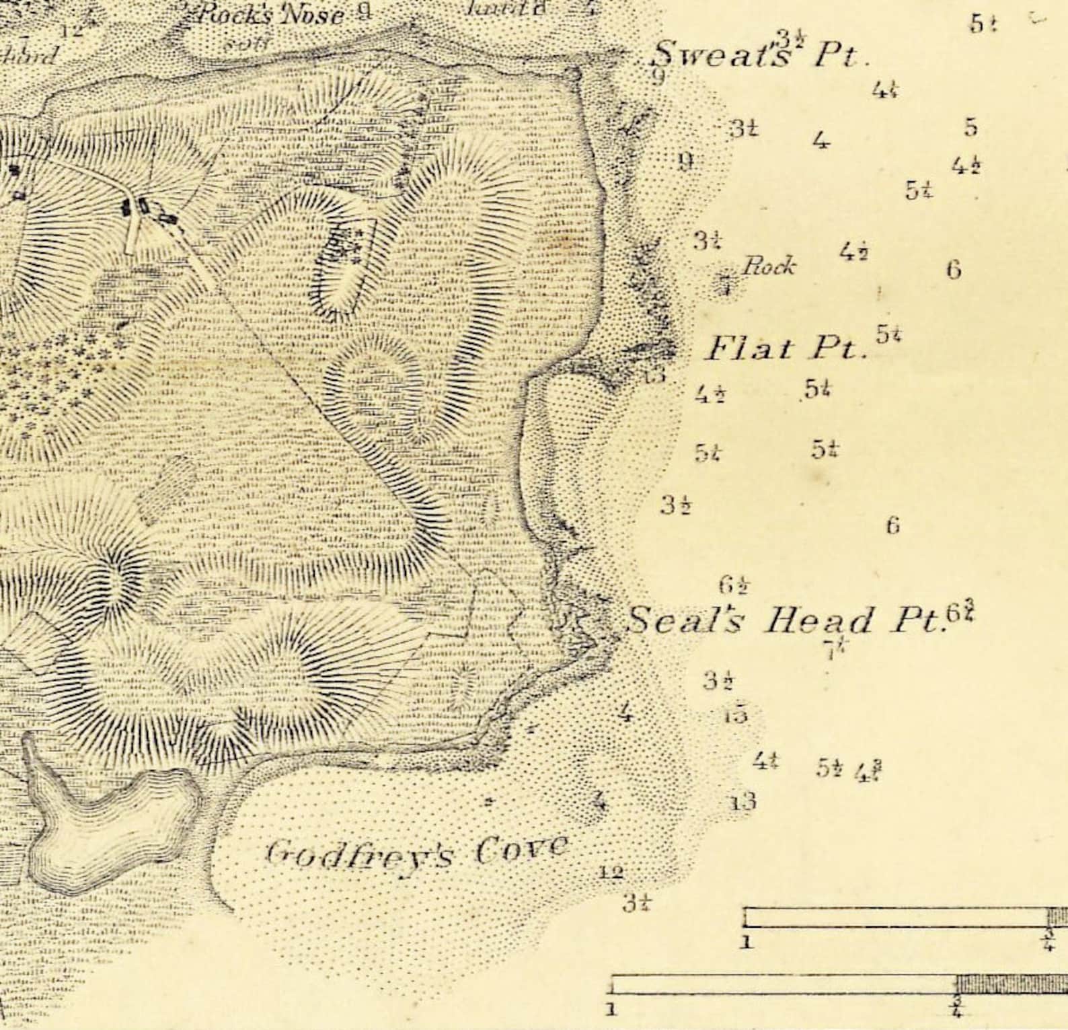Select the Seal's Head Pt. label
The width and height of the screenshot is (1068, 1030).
click(784, 620)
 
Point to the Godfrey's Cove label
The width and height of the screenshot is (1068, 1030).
click(417, 851)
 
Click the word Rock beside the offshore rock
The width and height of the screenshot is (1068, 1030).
click(768, 267)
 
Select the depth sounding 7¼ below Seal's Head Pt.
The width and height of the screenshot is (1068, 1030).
click(835, 649)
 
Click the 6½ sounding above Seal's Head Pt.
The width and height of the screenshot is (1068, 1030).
click(734, 585)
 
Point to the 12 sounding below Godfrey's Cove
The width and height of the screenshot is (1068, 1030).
click(611, 873)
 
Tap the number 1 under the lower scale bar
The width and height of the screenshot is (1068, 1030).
click(611, 1009)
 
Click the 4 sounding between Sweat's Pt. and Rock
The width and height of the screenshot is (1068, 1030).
click(820, 141)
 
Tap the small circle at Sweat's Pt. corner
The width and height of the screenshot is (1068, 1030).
click(574, 73)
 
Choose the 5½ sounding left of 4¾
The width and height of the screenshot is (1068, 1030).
click(829, 768)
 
